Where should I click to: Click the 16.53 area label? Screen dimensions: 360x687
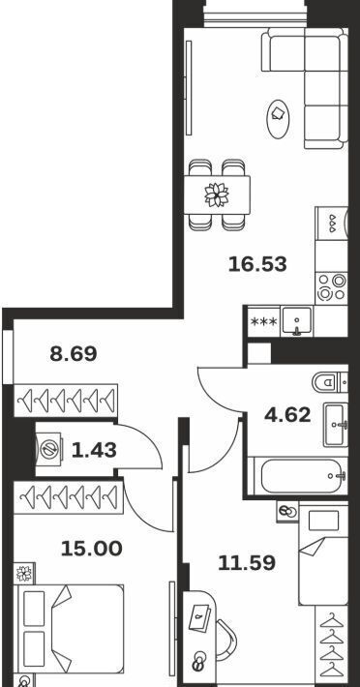coord(257,264)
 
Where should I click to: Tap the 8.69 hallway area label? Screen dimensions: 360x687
coord(74,353)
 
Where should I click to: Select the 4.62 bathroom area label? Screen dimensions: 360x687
coord(287,414)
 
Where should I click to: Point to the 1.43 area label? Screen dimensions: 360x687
coord(94,450)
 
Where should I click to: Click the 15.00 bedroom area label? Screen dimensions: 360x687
coord(92,549)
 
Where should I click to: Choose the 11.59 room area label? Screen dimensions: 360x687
coord(247,563)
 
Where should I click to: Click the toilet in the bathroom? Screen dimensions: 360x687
coord(330,382)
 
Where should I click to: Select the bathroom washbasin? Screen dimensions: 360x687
coord(336,425)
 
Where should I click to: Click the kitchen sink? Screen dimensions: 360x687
coord(297,320)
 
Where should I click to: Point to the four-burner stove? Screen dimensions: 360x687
coord(332,287)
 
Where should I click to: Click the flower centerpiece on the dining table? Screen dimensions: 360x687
coord(217,194)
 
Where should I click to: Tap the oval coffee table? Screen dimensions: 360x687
coord(278,119)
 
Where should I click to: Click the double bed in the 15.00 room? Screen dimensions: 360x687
coord(69,629)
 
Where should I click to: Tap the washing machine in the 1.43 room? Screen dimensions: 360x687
coord(48,449)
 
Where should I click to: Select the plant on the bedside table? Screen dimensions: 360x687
coord(24,573)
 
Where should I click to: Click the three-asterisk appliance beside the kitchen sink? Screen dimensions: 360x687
coord(263,321)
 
